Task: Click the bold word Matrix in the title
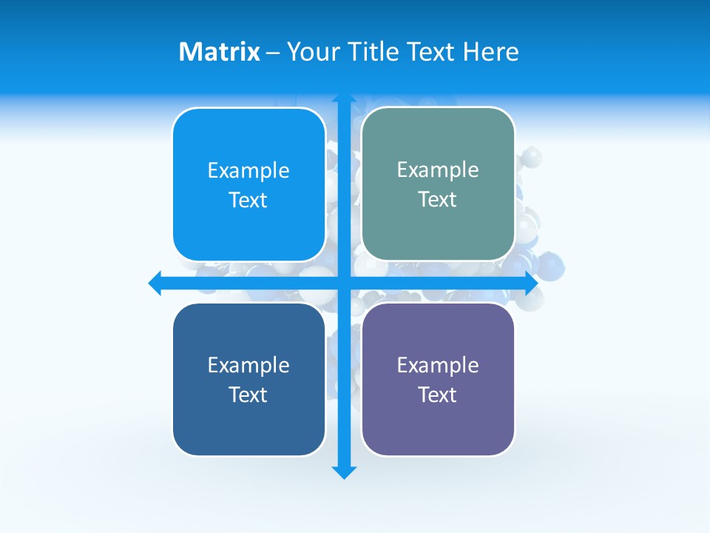(x=219, y=52)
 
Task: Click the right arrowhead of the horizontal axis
(x=530, y=283)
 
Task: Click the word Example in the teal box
(x=438, y=170)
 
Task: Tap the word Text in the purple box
(x=438, y=395)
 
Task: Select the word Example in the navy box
(x=248, y=365)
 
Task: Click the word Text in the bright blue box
(x=248, y=200)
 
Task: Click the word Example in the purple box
(x=438, y=365)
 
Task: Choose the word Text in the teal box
(x=438, y=199)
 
